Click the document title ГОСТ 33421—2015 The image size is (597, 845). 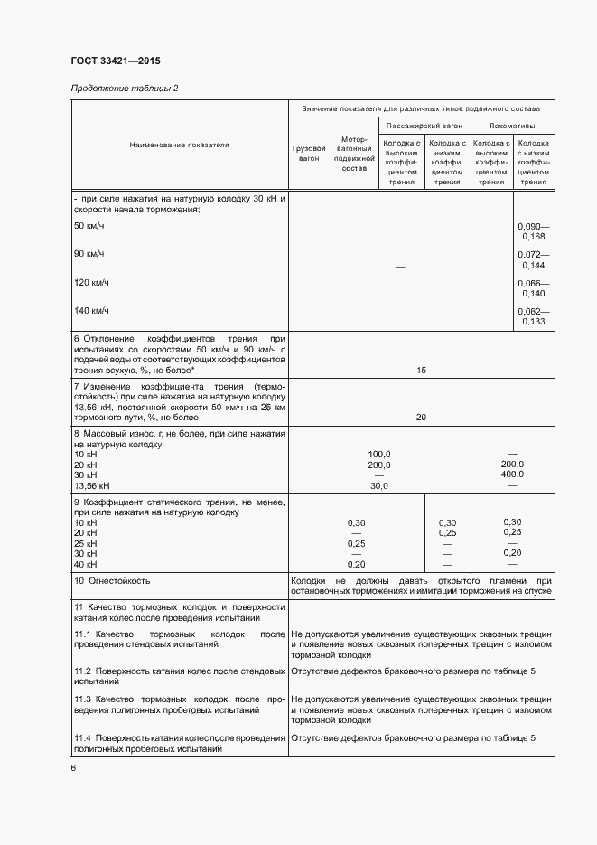(x=115, y=61)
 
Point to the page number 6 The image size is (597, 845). (x=73, y=767)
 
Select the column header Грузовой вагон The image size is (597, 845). (x=309, y=154)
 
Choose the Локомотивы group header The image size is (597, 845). (x=511, y=127)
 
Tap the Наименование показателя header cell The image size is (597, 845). (x=179, y=145)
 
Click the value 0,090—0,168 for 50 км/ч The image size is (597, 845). (x=533, y=230)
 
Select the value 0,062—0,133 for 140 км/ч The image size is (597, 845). (x=533, y=316)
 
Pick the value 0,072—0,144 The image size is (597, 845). (x=533, y=260)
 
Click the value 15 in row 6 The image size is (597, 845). (x=421, y=370)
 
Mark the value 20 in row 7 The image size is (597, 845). (x=421, y=418)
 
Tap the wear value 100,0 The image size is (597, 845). (x=378, y=454)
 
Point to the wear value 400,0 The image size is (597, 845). (x=512, y=474)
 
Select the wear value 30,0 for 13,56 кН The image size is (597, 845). (x=378, y=485)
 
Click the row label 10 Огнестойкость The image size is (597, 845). (x=112, y=581)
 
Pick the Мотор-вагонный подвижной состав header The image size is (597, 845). (x=355, y=154)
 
